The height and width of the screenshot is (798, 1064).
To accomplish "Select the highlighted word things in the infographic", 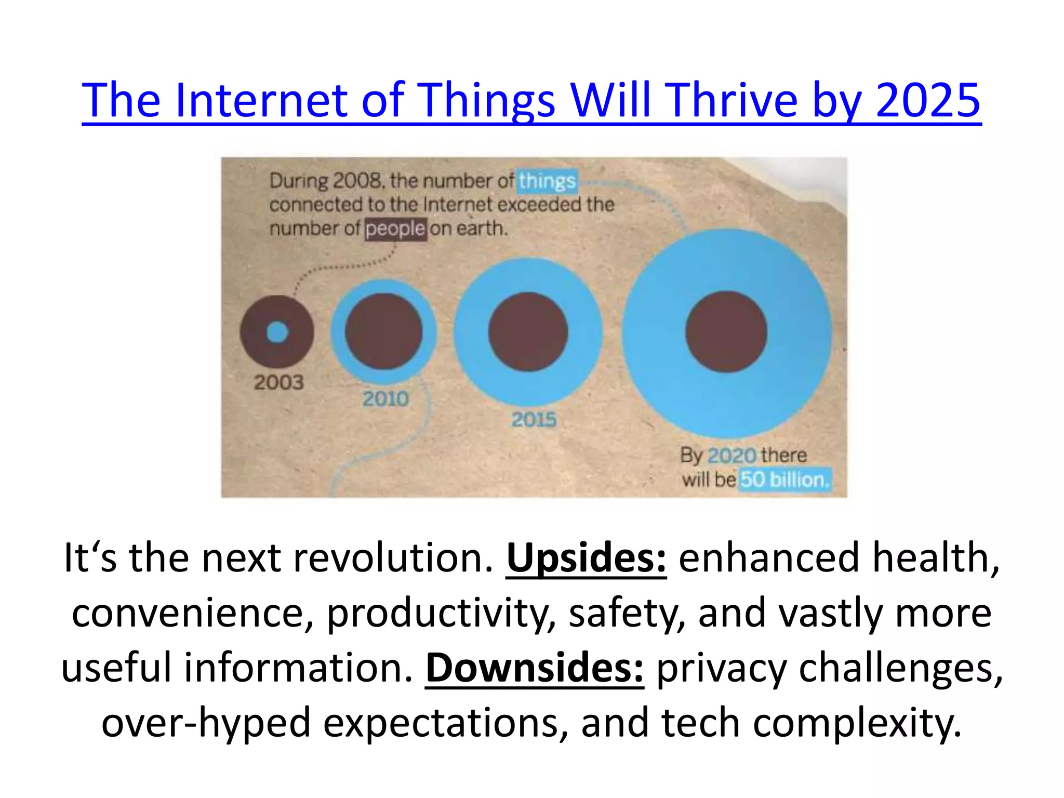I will pyautogui.click(x=547, y=181).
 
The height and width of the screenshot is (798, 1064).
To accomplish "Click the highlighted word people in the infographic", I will pyautogui.click(x=395, y=229).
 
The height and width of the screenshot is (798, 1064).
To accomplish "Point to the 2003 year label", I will pyautogui.click(x=278, y=382).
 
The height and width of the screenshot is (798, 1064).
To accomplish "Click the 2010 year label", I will pyautogui.click(x=385, y=399).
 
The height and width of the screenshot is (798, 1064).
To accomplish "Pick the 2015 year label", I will pyautogui.click(x=534, y=419).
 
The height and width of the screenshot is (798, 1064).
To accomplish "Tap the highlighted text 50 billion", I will pyautogui.click(x=784, y=480).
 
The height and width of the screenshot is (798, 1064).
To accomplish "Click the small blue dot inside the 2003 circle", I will pyautogui.click(x=277, y=332).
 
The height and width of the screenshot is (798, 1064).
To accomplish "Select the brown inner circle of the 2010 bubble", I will pyautogui.click(x=383, y=331).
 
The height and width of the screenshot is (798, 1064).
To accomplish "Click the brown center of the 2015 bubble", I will pyautogui.click(x=528, y=331).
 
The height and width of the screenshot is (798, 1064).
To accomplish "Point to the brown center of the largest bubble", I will pyautogui.click(x=726, y=331).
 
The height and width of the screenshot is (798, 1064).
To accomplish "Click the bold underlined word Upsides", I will pyautogui.click(x=586, y=557).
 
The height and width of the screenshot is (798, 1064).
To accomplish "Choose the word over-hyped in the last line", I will pyautogui.click(x=206, y=723).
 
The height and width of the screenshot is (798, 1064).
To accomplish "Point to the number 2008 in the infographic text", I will pyautogui.click(x=357, y=181).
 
